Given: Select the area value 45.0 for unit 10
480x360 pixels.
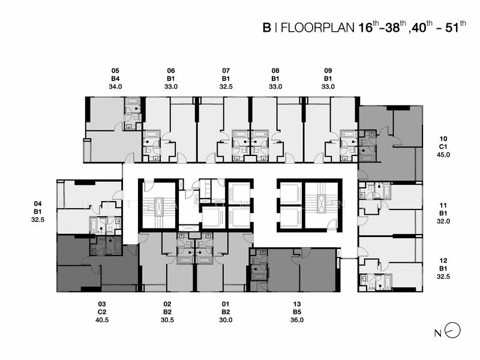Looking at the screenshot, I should click(444, 155).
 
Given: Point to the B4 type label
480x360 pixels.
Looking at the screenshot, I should click(115, 79).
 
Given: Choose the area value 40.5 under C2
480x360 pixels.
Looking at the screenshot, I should click(103, 320).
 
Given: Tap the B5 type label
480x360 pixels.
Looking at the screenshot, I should click(297, 313).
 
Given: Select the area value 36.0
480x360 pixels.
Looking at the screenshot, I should click(297, 320).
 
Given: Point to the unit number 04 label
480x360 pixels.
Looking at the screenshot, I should click(38, 204).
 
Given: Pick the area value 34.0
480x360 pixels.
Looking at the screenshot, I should click(115, 86).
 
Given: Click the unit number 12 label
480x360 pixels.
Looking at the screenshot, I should click(444, 260).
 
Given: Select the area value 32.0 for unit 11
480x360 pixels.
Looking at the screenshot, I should click(444, 221).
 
